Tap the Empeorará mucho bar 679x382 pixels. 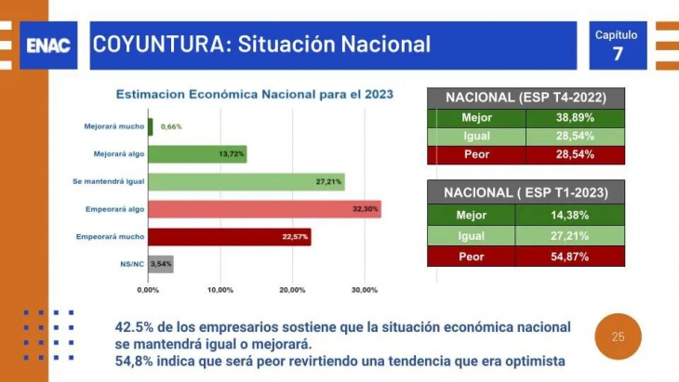tap(229, 237)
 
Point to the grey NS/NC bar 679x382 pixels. tap(161, 265)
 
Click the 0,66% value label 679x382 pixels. tap(170, 126)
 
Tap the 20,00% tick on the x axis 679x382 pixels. tap(292, 291)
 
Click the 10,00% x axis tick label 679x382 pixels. tap(220, 291)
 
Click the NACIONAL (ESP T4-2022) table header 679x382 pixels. tap(526, 98)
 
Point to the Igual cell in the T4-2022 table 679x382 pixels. tap(476, 137)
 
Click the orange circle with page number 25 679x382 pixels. tap(619, 336)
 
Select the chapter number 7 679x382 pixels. tap(618, 53)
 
